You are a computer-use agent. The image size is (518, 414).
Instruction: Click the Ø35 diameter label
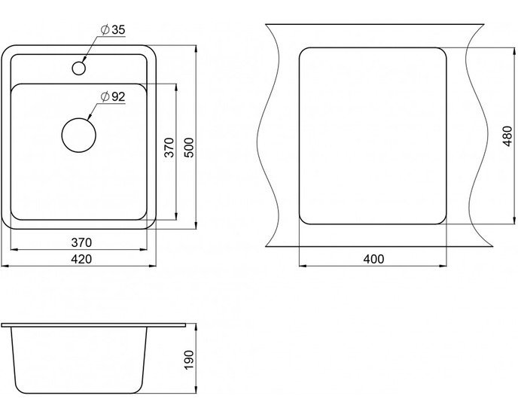pos(113,30)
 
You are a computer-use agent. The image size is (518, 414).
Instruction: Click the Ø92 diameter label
pos(113,97)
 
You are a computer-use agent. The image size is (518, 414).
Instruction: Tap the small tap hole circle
pos(79,68)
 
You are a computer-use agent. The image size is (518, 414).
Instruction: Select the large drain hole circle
pos(79,135)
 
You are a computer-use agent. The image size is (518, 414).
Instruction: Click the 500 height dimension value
pos(189,148)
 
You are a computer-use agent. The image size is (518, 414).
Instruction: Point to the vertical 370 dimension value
pos(169,148)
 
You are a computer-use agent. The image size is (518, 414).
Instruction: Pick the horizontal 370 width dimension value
pos(81,242)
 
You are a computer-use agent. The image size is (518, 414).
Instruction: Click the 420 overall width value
pos(81,259)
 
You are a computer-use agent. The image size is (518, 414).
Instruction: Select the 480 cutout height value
pos(507,135)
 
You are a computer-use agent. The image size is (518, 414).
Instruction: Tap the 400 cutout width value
pos(373,259)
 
